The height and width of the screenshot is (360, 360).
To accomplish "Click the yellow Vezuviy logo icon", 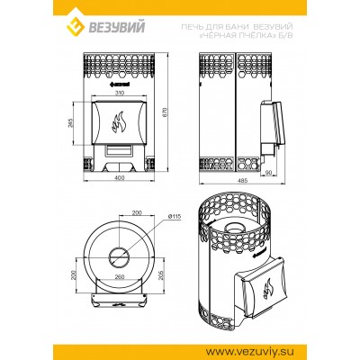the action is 76,26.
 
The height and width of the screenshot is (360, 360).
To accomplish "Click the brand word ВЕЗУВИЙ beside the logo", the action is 116,27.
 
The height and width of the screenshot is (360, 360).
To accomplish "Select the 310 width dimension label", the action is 119,93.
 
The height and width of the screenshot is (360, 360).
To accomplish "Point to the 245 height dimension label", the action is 71,123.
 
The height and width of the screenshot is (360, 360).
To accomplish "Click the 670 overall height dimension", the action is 165,112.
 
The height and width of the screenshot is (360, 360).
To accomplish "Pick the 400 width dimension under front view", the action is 119,178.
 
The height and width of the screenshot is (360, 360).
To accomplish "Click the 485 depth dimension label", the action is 242,181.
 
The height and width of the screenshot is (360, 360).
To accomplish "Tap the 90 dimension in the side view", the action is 268,172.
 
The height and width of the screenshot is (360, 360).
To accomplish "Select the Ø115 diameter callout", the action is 175,216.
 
